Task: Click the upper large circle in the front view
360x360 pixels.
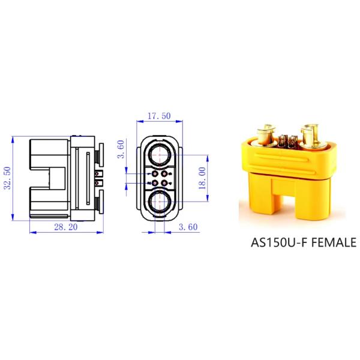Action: click(x=159, y=154)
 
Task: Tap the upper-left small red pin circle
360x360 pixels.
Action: click(x=155, y=173)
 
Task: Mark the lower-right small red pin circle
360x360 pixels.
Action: click(x=164, y=182)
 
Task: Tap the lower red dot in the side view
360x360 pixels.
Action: click(x=97, y=183)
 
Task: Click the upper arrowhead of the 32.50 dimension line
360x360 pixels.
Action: click(x=13, y=139)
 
